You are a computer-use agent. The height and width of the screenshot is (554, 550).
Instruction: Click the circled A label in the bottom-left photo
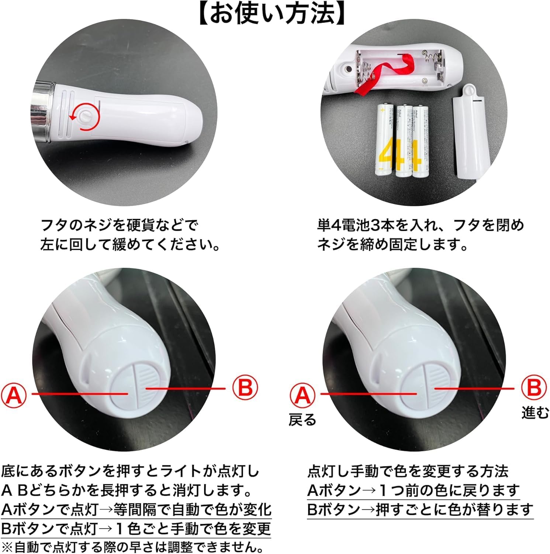pyautogui.click(x=14, y=394)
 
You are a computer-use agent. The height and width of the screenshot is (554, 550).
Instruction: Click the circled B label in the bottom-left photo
pyautogui.click(x=245, y=388)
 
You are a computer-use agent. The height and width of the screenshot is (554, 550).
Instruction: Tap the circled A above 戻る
pyautogui.click(x=302, y=395)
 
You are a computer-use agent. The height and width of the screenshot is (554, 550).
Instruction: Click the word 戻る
pyautogui.click(x=302, y=420)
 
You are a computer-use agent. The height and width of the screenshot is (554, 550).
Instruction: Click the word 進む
pyautogui.click(x=535, y=413)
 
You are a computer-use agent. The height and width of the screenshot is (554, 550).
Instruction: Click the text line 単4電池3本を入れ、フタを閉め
pyautogui.click(x=420, y=225)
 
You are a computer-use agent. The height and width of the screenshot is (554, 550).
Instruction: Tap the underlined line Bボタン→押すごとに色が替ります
pyautogui.click(x=420, y=510)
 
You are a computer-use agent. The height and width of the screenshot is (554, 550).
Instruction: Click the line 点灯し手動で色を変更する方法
pyautogui.click(x=408, y=471)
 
